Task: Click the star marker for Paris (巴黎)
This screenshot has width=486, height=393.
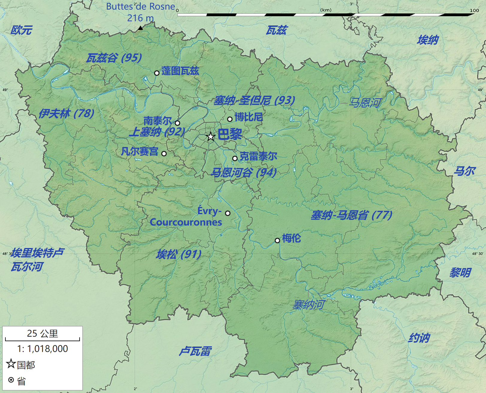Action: [x=211, y=137]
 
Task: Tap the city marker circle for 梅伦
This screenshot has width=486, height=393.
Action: [x=277, y=240]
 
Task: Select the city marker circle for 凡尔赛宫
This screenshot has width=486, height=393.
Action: [x=164, y=154]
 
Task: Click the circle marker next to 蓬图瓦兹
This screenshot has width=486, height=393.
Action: [x=157, y=73]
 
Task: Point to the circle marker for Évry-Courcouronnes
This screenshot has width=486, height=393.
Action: [x=228, y=213]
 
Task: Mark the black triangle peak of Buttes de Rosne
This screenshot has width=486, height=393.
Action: [x=140, y=28]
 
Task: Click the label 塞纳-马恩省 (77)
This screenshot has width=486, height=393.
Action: [x=351, y=215]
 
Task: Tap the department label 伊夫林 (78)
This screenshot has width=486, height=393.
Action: [x=66, y=114]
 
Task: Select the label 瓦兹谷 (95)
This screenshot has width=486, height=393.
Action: [x=114, y=58]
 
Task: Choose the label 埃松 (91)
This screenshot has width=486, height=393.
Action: [x=179, y=254]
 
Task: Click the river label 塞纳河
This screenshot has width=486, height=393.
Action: [x=308, y=305]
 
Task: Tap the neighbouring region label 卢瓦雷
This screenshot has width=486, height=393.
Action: [x=195, y=351]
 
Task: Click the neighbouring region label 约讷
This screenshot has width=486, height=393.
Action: [x=419, y=338]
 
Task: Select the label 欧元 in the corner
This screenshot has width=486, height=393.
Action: [x=21, y=30]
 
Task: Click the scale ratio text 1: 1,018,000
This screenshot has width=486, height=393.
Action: [x=42, y=349]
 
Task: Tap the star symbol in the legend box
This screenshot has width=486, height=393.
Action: [x=11, y=364]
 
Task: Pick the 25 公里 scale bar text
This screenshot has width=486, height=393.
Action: [x=42, y=333]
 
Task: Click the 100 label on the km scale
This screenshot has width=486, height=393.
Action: [x=474, y=10]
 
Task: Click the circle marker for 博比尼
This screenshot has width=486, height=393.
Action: [x=230, y=119]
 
